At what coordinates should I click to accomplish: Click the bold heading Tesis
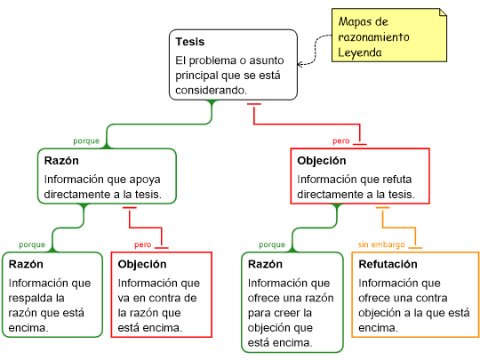(x=190, y=42)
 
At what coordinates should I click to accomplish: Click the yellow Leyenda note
(x=389, y=36)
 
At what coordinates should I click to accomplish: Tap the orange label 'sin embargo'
(x=381, y=244)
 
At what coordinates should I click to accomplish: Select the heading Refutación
(x=388, y=264)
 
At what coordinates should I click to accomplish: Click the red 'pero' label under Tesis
(x=341, y=141)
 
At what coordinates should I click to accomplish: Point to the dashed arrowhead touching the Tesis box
(x=300, y=64)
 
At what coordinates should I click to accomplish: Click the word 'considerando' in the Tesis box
(x=210, y=91)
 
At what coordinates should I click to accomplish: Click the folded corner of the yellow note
(x=443, y=12)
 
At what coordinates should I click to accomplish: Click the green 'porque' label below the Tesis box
(x=86, y=141)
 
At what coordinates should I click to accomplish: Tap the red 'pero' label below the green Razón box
(x=142, y=245)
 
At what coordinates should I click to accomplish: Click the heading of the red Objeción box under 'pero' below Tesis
(x=322, y=161)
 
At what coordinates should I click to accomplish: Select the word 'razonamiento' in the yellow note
(x=373, y=37)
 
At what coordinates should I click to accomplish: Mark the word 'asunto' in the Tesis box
(x=267, y=60)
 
